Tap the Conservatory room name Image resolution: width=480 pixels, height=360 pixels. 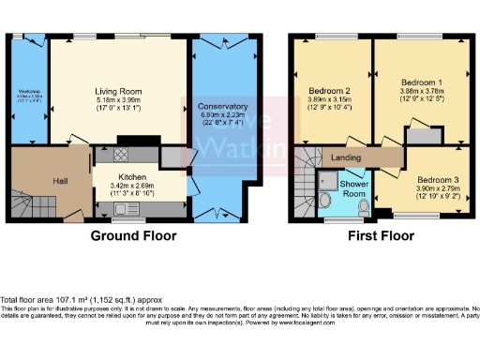click(x=222, y=107)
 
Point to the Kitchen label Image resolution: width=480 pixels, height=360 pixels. click(x=131, y=176)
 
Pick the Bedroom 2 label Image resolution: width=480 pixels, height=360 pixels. click(x=328, y=91)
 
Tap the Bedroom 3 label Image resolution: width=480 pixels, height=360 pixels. click(x=436, y=179)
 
